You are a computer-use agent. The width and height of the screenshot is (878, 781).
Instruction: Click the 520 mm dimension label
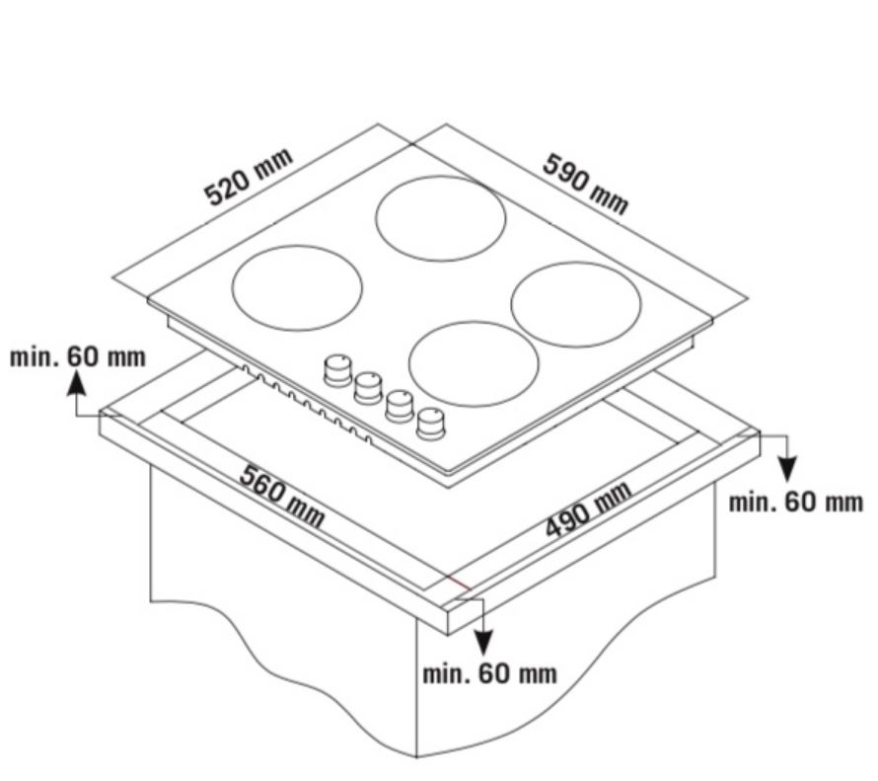click(x=249, y=177)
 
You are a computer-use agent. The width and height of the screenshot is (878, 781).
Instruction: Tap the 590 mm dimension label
click(x=586, y=184)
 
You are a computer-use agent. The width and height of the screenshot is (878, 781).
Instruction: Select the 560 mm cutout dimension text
click(x=282, y=496)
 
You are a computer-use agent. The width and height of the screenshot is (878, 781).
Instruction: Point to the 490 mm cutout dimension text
click(x=589, y=509)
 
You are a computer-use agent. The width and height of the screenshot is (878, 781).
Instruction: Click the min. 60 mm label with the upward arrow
click(x=78, y=356)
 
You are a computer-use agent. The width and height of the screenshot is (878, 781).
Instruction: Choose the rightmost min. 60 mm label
click(x=796, y=502)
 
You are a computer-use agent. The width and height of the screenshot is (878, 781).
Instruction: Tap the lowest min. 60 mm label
click(x=490, y=673)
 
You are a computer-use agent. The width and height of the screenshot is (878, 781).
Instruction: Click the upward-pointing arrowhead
click(x=77, y=384)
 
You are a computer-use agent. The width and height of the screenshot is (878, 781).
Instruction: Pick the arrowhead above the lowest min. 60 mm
click(x=483, y=642)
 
